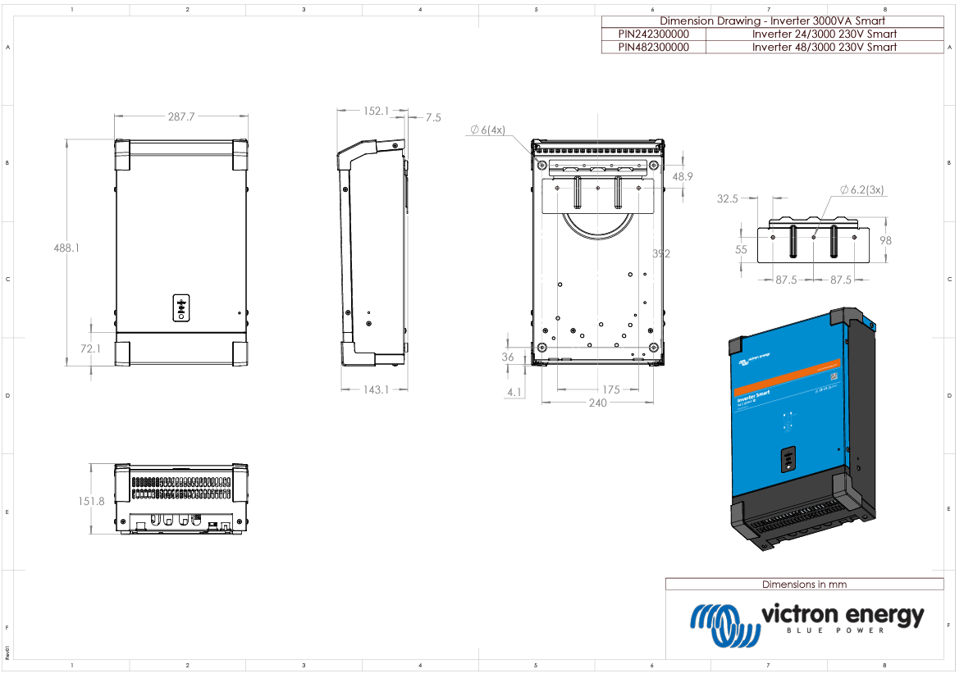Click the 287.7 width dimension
click(181, 117)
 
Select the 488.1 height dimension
click(66, 247)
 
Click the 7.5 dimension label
click(432, 118)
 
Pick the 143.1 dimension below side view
click(375, 389)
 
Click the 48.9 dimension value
click(683, 176)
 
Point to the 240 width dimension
click(597, 403)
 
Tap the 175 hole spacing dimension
click(610, 389)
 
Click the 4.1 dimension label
click(514, 393)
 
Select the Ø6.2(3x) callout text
click(861, 190)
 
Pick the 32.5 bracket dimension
click(728, 198)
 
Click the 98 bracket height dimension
click(884, 240)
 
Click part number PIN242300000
click(653, 34)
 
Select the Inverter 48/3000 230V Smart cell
click(824, 48)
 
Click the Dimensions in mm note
click(804, 585)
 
